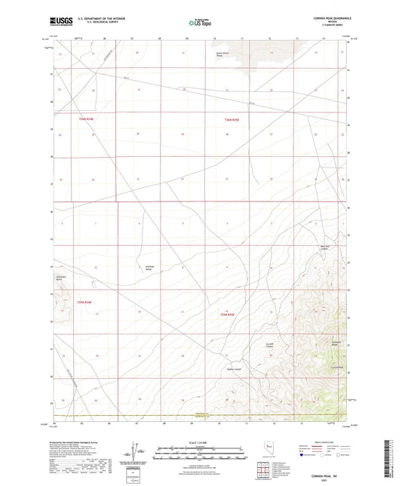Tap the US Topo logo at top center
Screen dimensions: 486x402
pyautogui.click(x=200, y=23)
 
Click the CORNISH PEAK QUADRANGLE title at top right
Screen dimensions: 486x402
pyautogui.click(x=322, y=17)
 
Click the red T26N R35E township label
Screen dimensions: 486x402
pyautogui.click(x=232, y=119)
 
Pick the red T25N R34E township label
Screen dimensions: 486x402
pyautogui.click(x=84, y=302)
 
